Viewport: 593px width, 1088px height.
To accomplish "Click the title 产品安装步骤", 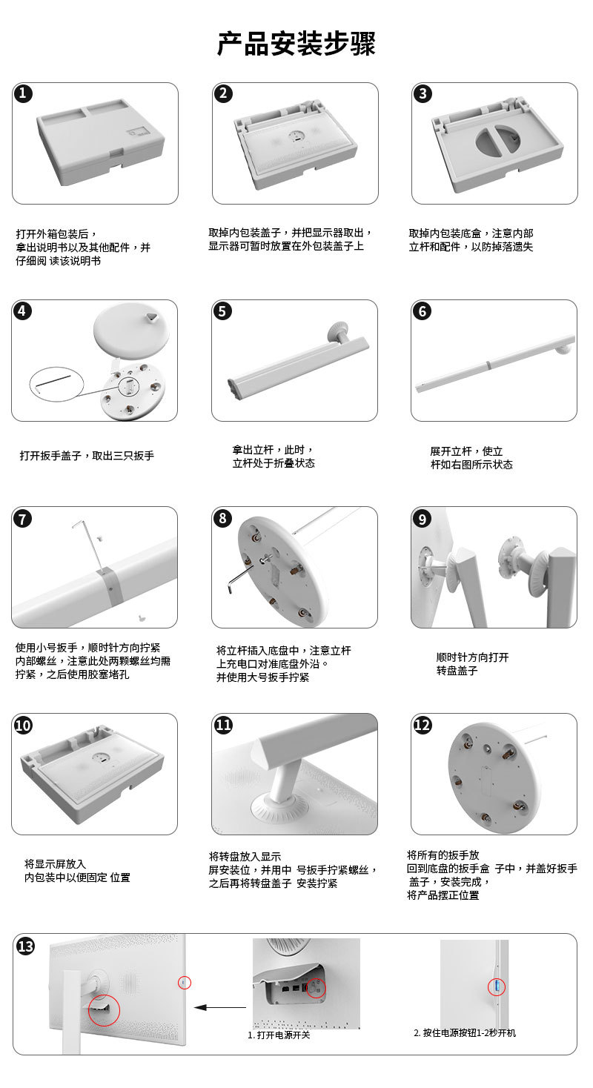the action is [296, 44].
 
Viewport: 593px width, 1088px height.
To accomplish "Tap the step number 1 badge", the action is [23, 93].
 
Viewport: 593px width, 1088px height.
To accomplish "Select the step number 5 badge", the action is [222, 311].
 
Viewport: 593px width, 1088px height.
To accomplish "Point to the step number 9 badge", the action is [422, 519].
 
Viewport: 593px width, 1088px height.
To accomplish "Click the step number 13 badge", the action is [25, 946].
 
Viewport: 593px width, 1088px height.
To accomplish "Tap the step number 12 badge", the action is [422, 725].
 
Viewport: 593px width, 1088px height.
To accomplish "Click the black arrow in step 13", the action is [220, 1007].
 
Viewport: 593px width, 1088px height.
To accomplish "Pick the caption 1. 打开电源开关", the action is [279, 1035].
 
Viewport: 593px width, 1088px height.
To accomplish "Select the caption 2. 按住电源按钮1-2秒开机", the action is [465, 1032].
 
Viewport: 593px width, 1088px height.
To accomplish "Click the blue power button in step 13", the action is [497, 986].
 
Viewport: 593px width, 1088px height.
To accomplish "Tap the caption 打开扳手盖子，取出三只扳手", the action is [87, 456].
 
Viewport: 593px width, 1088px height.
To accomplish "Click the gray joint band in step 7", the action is [110, 585].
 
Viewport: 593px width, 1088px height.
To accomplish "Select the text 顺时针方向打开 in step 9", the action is [472, 657].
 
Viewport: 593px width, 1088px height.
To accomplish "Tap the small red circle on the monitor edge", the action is [185, 983].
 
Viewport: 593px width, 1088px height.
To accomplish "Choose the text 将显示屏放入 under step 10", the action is [55, 863].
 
